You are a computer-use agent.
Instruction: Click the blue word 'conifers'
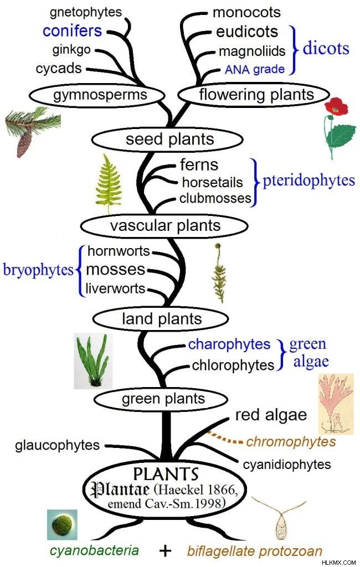coord(73,31)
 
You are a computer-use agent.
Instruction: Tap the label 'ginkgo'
coord(71,49)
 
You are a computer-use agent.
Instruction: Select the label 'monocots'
coord(246,12)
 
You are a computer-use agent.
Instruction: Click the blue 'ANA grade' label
coord(255,69)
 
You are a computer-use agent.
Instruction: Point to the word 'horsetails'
coord(212,182)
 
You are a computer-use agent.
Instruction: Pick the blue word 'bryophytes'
coord(38,270)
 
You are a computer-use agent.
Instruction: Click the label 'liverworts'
coord(115,288)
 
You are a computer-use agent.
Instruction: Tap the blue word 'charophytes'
coord(229,344)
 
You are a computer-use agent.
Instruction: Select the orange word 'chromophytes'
coord(291,441)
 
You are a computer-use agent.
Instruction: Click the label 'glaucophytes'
coord(57,445)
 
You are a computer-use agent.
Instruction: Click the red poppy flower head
coord(336,106)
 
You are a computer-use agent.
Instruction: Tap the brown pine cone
coord(24,143)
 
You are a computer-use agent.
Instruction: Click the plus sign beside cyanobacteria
coord(165,550)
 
